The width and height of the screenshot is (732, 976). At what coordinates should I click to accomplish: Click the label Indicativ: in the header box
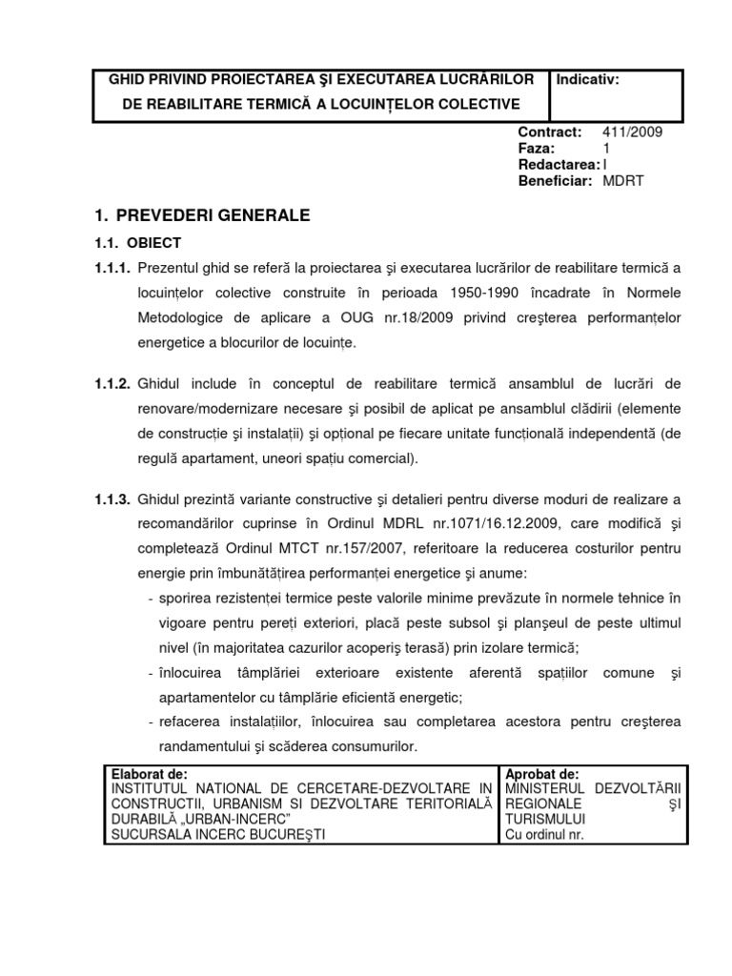coord(587,80)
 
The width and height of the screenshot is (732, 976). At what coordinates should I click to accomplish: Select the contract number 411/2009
coord(632,132)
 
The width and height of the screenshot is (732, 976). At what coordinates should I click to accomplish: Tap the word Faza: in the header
coord(535,149)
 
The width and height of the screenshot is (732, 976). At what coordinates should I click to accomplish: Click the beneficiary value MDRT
coord(623,181)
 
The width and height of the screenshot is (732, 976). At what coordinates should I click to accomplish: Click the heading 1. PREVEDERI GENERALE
coord(203,215)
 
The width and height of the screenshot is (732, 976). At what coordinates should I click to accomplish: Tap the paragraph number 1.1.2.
coord(112,384)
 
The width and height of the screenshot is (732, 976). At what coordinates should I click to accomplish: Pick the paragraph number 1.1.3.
coord(112,499)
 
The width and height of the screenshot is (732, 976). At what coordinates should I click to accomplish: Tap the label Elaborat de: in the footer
coord(150,773)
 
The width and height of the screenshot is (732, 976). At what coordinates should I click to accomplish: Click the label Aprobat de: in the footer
coord(542,773)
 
